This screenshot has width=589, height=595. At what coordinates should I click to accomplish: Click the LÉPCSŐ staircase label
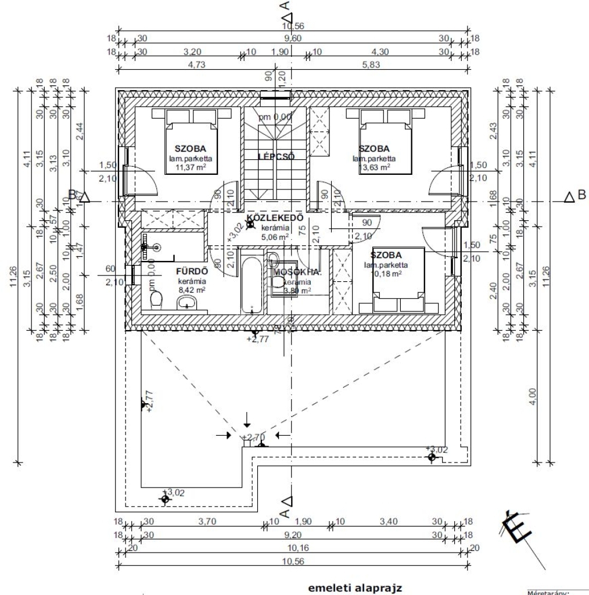(276, 156)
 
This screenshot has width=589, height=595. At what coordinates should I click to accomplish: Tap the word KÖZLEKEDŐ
(275, 218)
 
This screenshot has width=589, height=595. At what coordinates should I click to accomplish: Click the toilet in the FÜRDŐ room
(156, 300)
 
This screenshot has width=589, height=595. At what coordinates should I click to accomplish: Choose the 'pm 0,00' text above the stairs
(275, 117)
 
